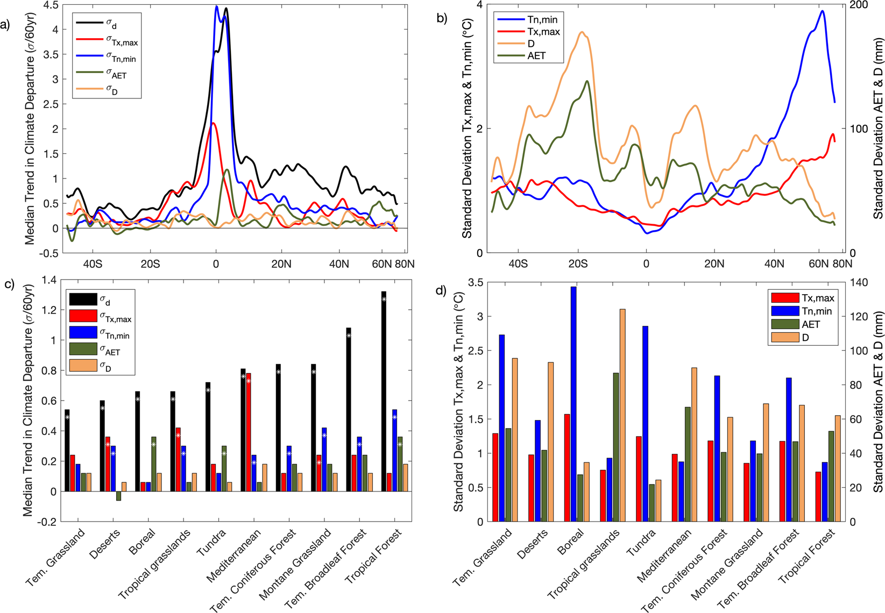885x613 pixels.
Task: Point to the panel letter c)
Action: (9, 284)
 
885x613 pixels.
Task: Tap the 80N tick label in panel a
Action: (404, 264)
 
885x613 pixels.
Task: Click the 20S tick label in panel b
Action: (578, 264)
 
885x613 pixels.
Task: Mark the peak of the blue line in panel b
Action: (822, 11)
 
